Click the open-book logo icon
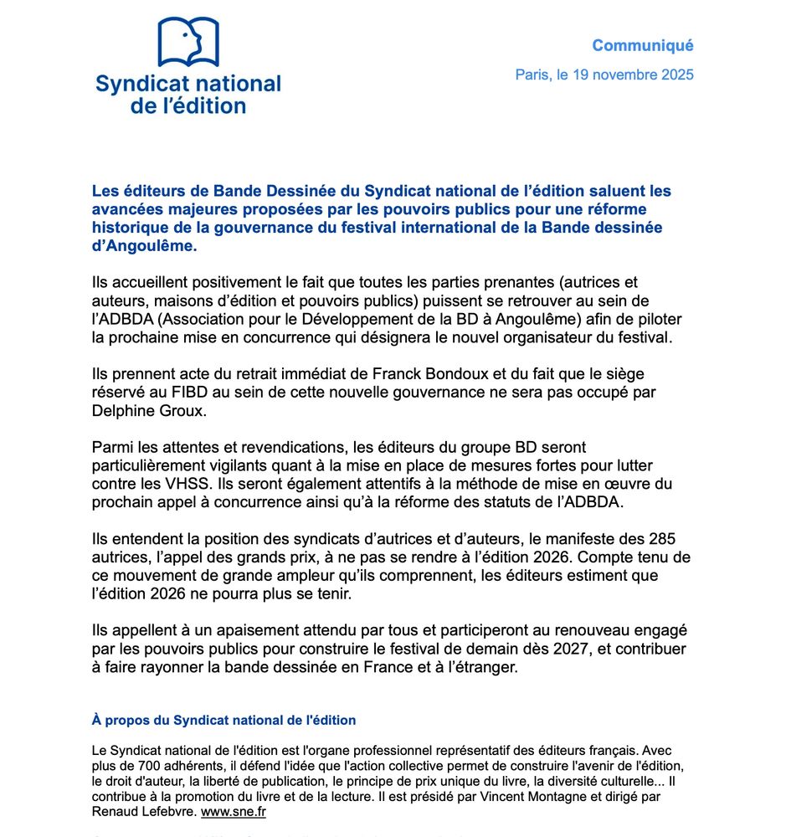(188, 42)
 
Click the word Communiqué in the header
(642, 45)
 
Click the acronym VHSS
(184, 484)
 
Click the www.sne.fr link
(234, 812)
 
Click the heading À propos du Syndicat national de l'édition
(223, 720)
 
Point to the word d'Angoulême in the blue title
(144, 247)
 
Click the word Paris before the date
(532, 74)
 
